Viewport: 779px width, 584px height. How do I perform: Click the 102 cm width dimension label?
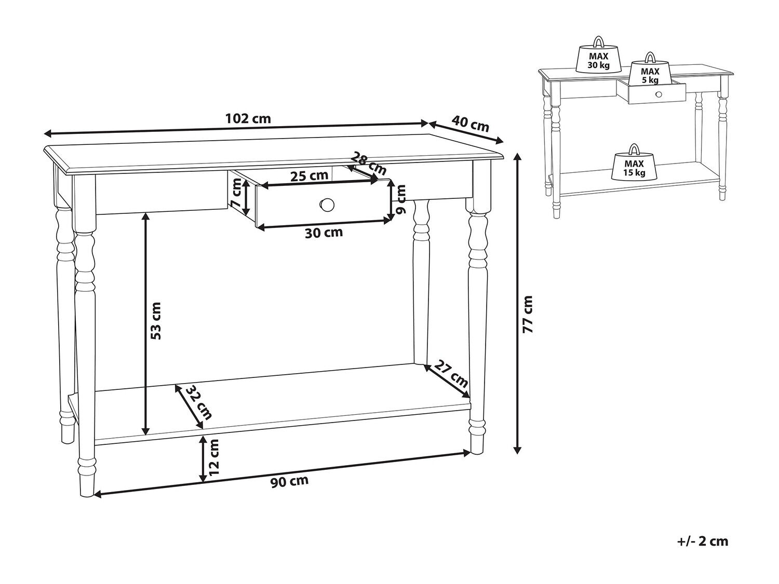coord(248,118)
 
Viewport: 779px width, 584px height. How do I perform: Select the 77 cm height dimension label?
coord(528,314)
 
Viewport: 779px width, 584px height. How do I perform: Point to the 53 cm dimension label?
coord(155,320)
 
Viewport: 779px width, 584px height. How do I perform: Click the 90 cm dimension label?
coord(289,482)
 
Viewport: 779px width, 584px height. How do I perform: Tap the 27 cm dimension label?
coord(451,374)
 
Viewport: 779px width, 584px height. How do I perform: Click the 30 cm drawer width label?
coord(324,233)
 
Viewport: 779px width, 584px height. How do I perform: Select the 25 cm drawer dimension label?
coord(309,176)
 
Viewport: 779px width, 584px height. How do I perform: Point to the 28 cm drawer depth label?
coord(369,164)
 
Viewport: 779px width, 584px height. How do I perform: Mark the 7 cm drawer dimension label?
coord(236,193)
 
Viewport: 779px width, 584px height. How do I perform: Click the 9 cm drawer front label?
coord(401,200)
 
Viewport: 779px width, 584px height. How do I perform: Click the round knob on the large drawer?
coord(327,205)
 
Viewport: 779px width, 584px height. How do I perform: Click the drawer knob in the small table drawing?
coord(659,94)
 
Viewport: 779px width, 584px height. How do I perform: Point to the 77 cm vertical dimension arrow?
coord(518,303)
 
